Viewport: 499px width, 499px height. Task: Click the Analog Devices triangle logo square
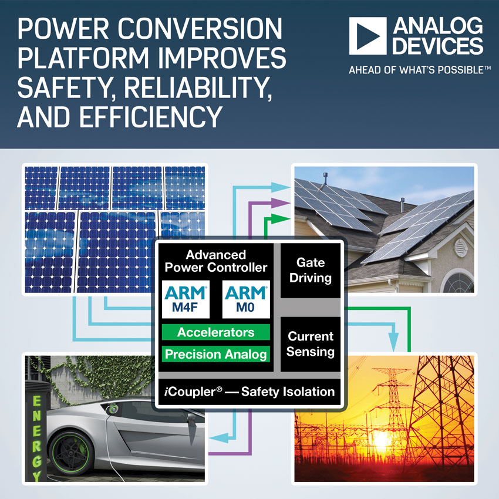(367, 36)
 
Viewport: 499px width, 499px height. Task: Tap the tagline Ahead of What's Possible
(419, 70)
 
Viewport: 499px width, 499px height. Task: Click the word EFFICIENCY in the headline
(150, 117)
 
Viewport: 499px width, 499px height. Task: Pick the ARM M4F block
(186, 299)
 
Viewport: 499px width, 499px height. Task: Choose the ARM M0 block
(246, 299)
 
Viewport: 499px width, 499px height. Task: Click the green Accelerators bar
(216, 332)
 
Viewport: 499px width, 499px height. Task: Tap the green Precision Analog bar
(216, 354)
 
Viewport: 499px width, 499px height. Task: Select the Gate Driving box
(311, 271)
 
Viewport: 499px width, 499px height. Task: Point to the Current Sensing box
(311, 344)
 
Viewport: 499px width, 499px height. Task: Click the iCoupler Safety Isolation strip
(249, 392)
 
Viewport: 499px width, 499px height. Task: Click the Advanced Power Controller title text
(216, 261)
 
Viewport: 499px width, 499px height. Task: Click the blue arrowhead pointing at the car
(218, 438)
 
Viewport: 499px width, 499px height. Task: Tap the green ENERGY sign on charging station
(36, 437)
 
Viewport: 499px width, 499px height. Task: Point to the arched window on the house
(458, 282)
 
